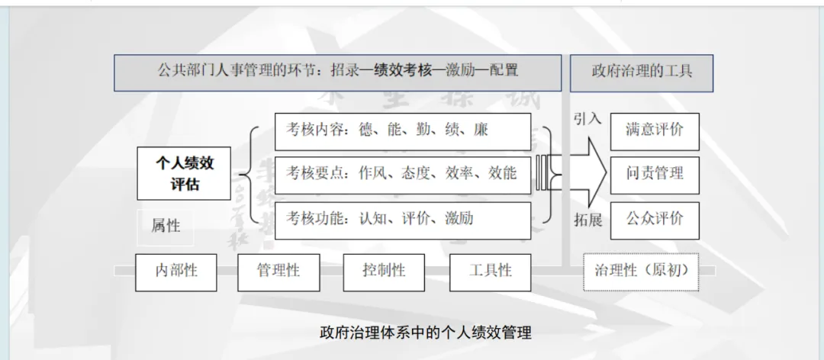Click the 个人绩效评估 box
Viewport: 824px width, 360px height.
(184, 173)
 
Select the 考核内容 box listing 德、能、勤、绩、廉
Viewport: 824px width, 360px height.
(402, 131)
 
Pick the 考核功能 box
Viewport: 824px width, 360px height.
(402, 220)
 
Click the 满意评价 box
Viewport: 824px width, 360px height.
(655, 130)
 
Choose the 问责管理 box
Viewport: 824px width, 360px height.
(655, 174)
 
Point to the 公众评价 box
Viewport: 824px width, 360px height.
(655, 220)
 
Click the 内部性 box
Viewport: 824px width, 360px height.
(176, 271)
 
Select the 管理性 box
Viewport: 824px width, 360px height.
(278, 271)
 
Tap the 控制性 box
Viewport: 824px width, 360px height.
(384, 271)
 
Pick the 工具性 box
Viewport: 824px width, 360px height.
(490, 271)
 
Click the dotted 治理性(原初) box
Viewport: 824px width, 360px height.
(641, 271)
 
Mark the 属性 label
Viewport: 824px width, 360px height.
(166, 226)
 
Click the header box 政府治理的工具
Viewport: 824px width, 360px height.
(642, 72)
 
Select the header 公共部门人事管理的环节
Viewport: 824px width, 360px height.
(337, 72)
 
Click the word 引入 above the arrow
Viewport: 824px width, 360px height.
(587, 119)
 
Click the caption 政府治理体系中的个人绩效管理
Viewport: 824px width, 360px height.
(425, 333)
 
